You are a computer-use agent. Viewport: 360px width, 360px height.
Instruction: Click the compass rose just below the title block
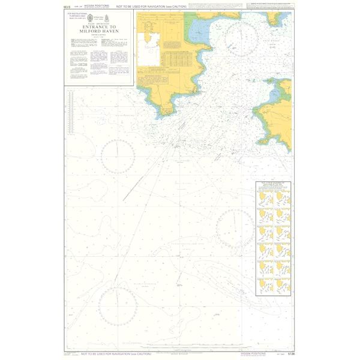(x=118, y=153)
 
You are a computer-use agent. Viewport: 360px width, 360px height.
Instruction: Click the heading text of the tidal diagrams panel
(x=273, y=184)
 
